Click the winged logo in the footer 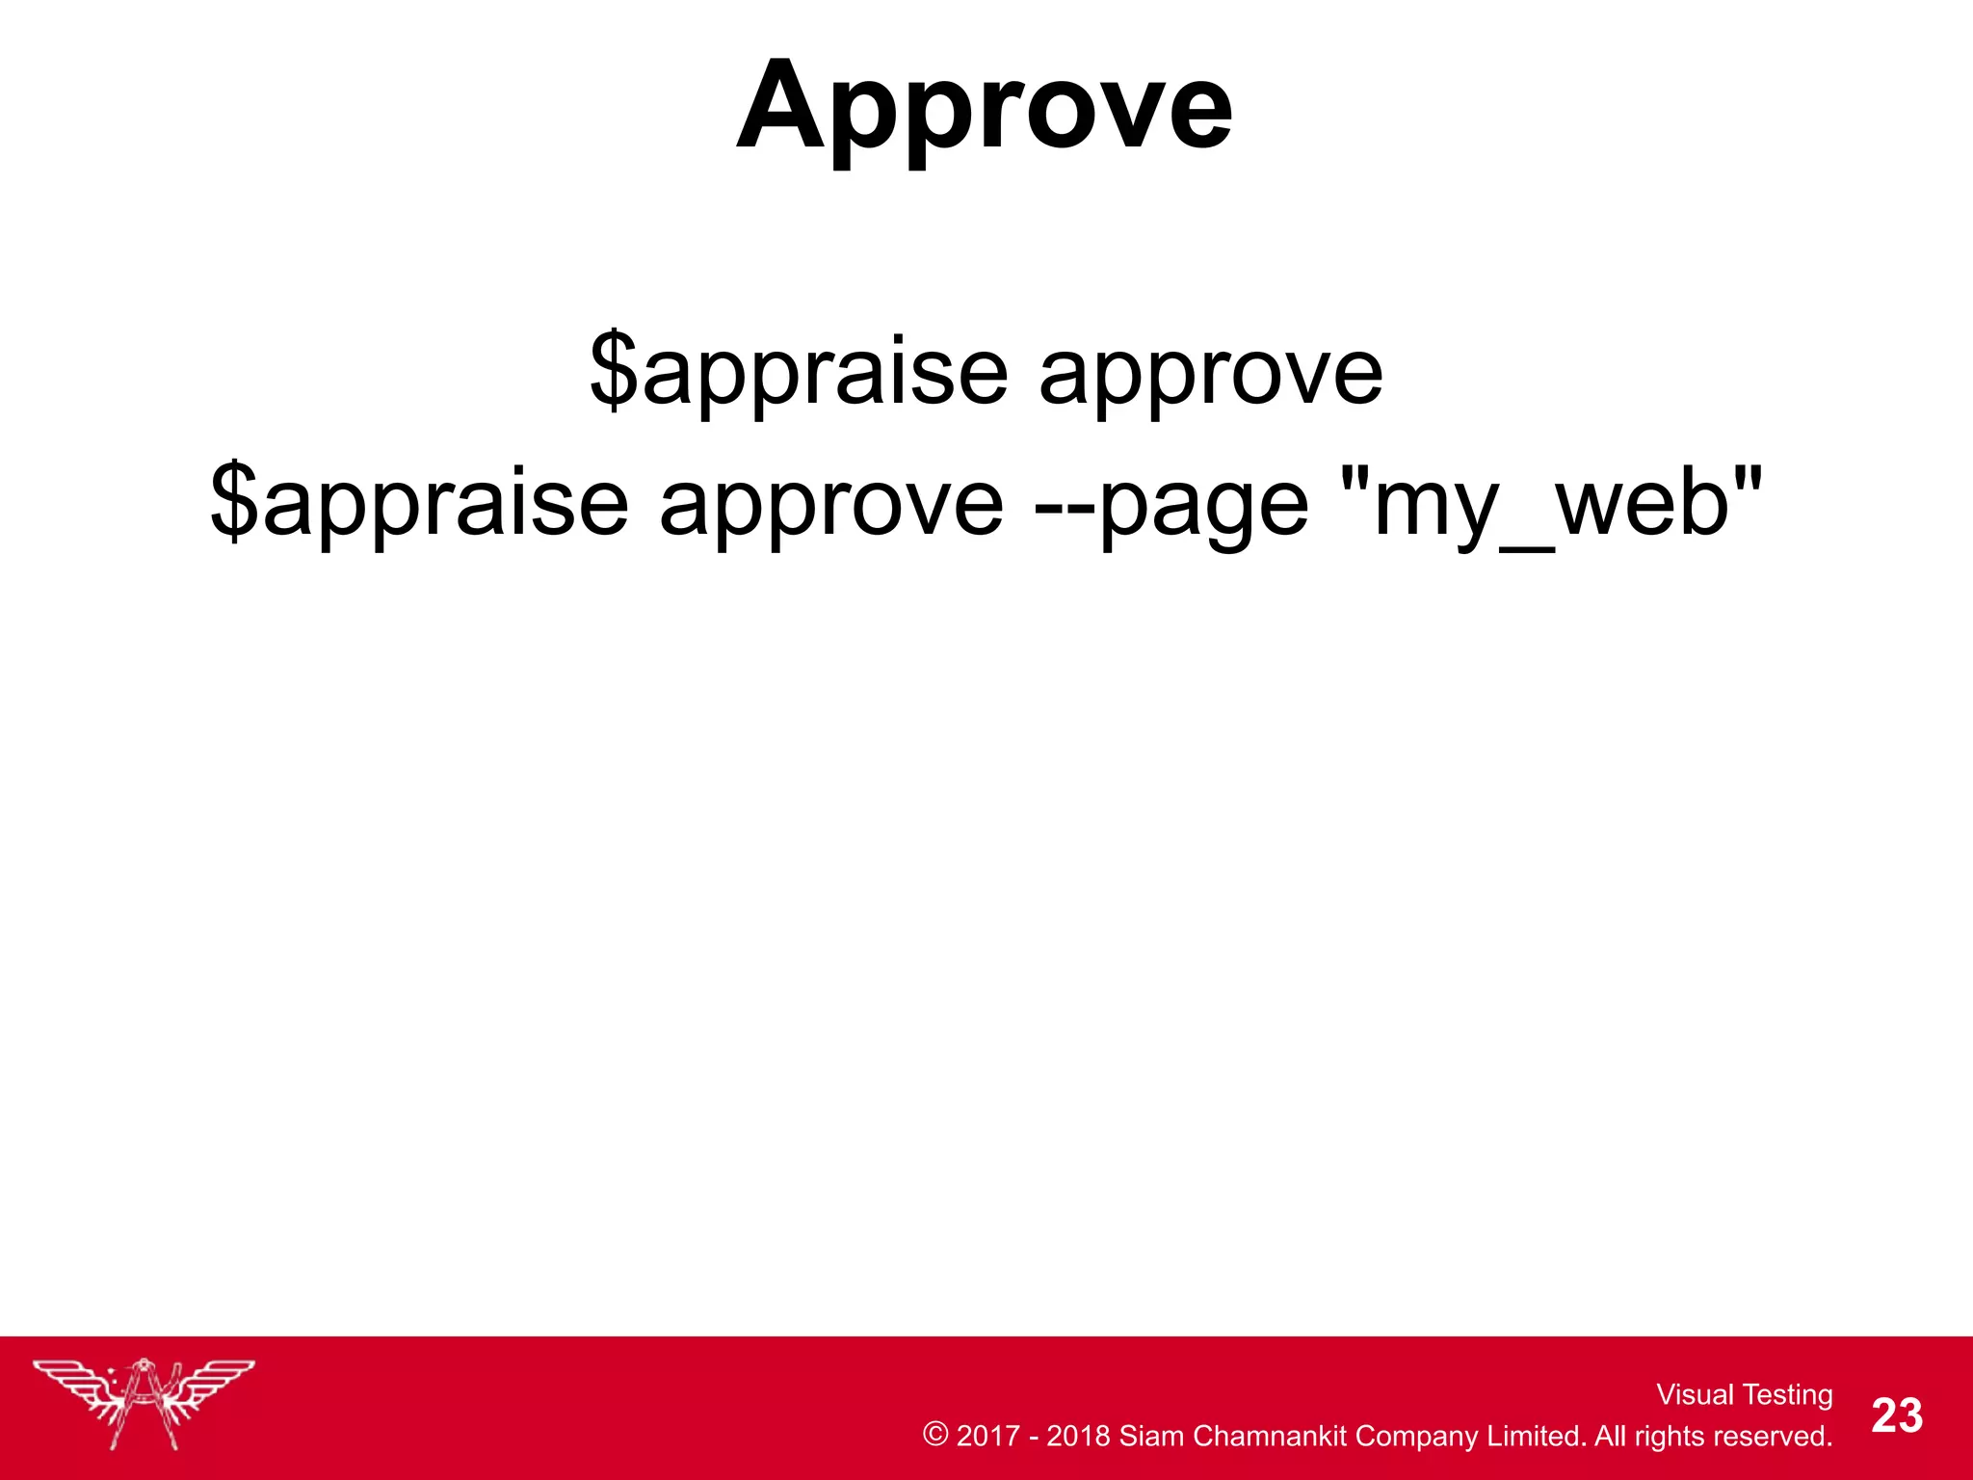(144, 1402)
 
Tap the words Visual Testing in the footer (1744, 1394)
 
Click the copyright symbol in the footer (935, 1435)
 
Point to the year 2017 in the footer (988, 1437)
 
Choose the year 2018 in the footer (1079, 1437)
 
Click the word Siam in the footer (1152, 1437)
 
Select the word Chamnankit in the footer (1270, 1437)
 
